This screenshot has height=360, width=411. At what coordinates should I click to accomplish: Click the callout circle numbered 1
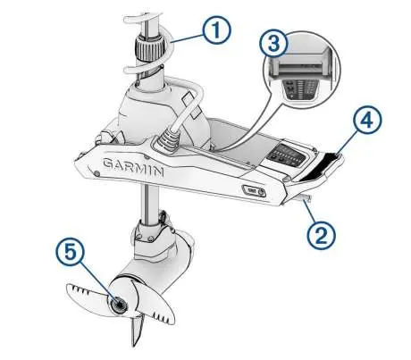click(216, 30)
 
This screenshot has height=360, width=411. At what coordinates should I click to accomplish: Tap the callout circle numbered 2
click(322, 235)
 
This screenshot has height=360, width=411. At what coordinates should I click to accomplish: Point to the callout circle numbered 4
click(367, 121)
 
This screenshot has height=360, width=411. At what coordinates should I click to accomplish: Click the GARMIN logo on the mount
click(133, 167)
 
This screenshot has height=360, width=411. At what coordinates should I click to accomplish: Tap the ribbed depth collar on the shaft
click(150, 48)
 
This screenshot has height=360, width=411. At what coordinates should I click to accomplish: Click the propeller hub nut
click(119, 304)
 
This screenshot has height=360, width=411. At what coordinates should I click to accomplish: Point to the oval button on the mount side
click(253, 190)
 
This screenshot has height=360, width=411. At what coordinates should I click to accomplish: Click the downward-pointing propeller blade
click(138, 329)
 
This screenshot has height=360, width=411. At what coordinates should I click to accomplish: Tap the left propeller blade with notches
click(87, 296)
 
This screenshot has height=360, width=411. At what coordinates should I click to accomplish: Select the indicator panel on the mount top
click(286, 155)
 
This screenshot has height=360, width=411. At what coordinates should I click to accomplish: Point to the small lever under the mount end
click(305, 197)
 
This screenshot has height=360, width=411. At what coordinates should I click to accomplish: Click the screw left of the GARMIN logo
click(96, 173)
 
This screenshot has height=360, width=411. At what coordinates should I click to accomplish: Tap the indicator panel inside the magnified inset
click(299, 89)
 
